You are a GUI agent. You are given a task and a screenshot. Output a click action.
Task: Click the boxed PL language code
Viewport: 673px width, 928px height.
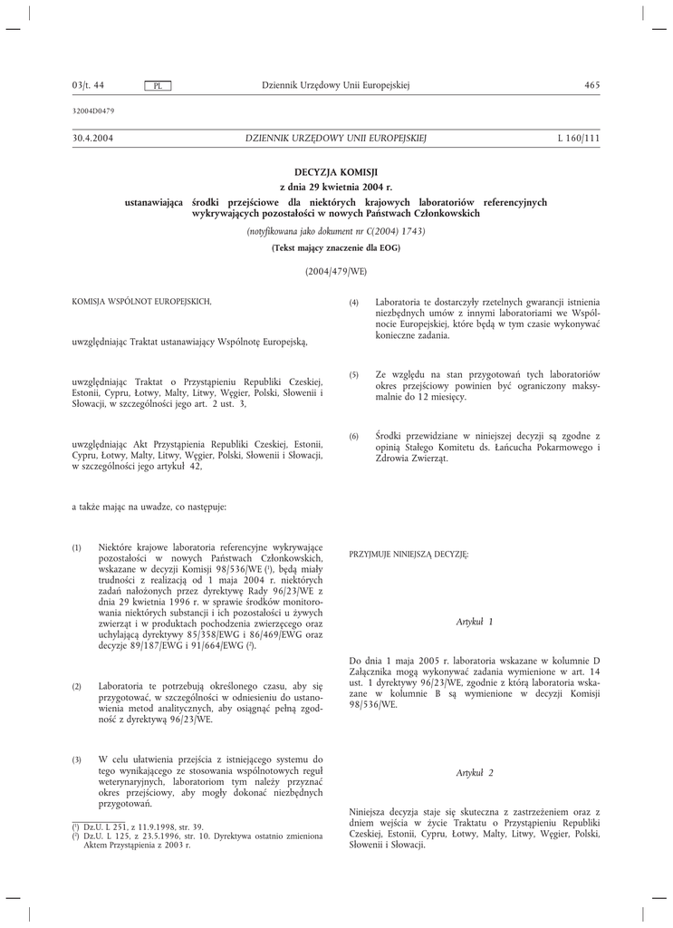point(158,86)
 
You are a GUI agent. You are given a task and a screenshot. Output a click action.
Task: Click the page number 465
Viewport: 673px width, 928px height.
point(593,85)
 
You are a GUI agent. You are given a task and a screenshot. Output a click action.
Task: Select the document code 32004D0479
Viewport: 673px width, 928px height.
point(93,111)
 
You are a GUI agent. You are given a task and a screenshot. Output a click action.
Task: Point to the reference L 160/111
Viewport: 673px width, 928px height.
point(579,138)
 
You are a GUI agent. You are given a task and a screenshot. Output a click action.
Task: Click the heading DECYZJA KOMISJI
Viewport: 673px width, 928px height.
point(336,171)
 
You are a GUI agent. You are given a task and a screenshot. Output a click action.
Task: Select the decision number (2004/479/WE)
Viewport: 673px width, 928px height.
point(336,271)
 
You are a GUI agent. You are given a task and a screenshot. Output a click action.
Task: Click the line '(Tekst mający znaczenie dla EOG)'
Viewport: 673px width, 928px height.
point(336,247)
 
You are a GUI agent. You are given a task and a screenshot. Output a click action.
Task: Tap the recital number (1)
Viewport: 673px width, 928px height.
point(77,548)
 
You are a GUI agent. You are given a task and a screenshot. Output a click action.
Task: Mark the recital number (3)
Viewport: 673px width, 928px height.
point(77,759)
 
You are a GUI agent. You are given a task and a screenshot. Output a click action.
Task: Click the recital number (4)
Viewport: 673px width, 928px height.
point(354,302)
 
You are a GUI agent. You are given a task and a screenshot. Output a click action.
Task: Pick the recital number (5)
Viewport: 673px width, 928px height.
point(354,374)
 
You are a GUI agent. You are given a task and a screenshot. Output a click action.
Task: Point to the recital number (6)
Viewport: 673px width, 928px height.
point(354,437)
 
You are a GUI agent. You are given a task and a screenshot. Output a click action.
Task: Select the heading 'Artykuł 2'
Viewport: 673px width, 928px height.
point(475,772)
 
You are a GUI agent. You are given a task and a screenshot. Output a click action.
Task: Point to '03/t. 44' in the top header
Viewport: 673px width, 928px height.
point(88,85)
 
